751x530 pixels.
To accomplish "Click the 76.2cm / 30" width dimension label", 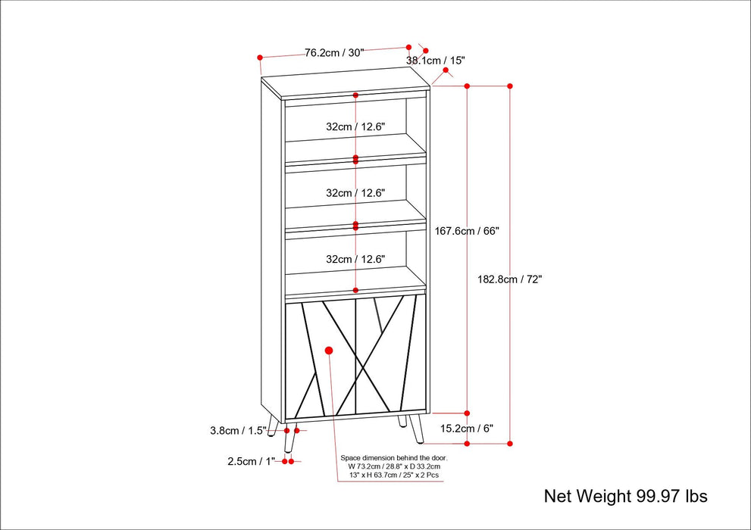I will [334, 53].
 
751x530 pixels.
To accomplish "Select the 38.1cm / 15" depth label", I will [435, 60].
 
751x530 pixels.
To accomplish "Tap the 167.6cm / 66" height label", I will [468, 231].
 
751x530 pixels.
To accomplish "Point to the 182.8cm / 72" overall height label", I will [509, 279].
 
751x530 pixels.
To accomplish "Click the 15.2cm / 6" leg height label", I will [467, 429].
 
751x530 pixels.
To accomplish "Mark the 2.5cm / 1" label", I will [246, 461].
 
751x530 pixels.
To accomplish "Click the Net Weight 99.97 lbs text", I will [625, 497].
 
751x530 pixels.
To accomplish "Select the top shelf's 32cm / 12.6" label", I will [356, 127].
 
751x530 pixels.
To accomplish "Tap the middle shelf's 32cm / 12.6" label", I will [356, 193].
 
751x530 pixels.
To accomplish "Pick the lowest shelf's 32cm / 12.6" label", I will [356, 259].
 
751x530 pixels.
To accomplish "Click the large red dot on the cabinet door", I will [329, 351].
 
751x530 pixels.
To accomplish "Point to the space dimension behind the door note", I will [394, 467].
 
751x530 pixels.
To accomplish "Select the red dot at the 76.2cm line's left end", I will [259, 57].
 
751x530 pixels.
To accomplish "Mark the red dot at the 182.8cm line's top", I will [509, 86].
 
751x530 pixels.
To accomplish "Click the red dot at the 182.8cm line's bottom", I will [510, 443].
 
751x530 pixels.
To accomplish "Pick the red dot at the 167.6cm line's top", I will [467, 86].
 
